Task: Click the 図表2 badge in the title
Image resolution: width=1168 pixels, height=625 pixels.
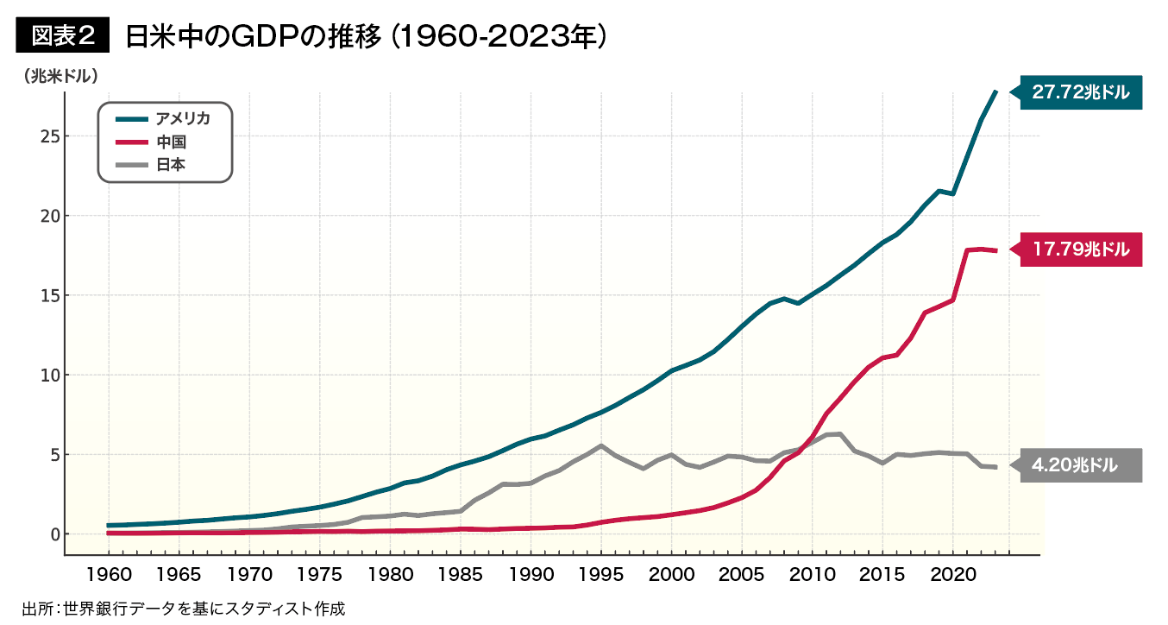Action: tap(63, 35)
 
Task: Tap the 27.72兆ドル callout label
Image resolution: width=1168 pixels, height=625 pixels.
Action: tap(1079, 92)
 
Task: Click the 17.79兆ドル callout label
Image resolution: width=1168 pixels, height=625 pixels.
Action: tap(1079, 249)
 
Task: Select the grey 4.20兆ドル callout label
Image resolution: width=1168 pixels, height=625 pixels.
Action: tap(1079, 465)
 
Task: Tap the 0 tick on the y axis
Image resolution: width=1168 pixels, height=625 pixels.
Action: tap(53, 534)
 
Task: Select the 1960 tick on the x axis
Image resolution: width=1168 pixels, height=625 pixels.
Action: tap(109, 573)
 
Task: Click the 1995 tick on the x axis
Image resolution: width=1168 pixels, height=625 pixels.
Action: tap(601, 573)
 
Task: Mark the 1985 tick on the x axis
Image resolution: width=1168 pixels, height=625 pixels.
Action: tap(461, 573)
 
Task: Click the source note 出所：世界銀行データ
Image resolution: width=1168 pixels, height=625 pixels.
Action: tap(183, 609)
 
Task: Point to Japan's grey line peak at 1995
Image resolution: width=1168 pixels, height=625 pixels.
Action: tap(601, 445)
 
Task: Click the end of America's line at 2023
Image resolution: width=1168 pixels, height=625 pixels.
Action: tap(995, 92)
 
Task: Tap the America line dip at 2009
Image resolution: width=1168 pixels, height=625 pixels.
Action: tap(799, 303)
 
